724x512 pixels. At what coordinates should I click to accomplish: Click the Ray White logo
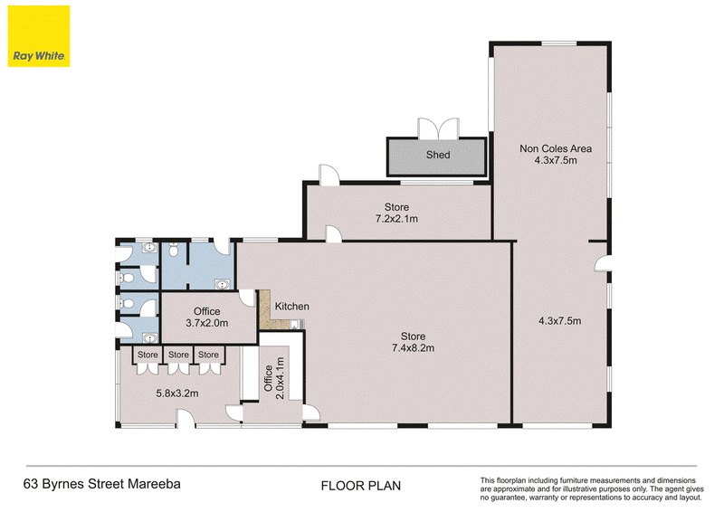coord(39,36)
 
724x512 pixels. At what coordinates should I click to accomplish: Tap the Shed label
coord(438,155)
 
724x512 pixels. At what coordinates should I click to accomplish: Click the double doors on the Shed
coord(438,128)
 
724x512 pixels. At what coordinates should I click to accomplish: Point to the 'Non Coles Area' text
coord(556,148)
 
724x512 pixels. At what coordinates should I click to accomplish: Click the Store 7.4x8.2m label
coord(413,342)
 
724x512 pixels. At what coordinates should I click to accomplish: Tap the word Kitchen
coord(291,306)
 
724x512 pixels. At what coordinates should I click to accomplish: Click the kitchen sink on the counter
coord(294,325)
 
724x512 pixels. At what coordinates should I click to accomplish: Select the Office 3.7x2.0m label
coord(207,318)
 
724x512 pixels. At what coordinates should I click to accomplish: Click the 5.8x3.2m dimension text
coord(177,393)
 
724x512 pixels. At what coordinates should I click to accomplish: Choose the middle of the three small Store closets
coord(178,355)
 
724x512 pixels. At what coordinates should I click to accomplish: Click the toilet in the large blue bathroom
coord(174,250)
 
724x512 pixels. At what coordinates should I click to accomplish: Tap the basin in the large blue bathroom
coord(223,284)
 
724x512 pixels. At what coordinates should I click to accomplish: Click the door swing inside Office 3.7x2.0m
coord(248,298)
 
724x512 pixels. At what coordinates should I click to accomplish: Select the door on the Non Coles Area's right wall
coord(603,263)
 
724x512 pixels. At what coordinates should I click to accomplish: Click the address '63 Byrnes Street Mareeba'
coord(102,484)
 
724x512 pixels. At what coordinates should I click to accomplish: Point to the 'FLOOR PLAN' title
coord(361,486)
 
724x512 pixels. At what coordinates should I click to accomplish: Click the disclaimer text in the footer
coord(592,488)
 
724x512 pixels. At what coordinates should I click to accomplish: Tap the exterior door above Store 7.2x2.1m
coord(329,175)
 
